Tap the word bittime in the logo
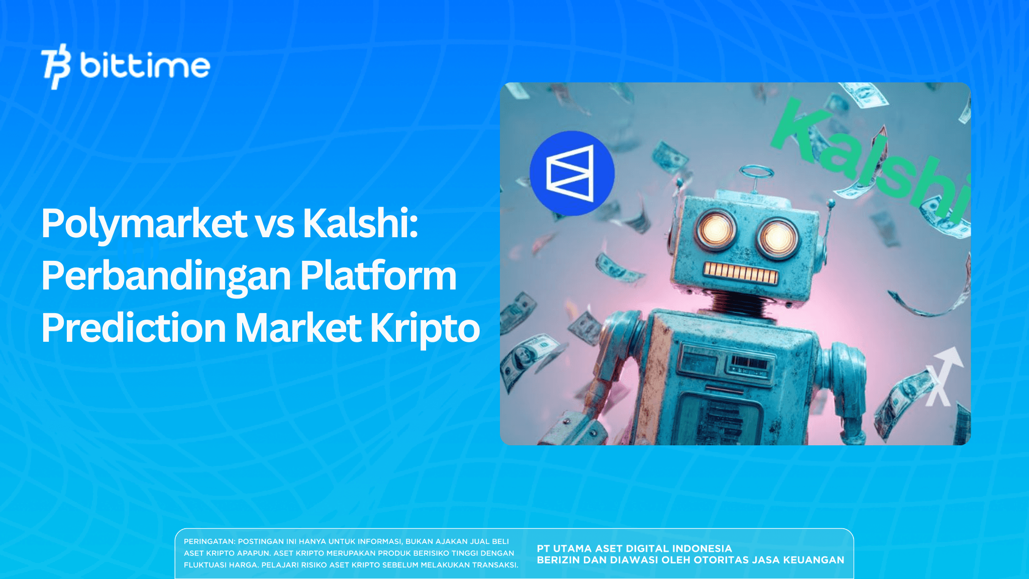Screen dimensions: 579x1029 click(x=145, y=66)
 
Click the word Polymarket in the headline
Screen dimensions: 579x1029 click(x=144, y=224)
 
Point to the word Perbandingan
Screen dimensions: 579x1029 click(x=166, y=276)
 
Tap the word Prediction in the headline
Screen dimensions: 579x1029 click(x=134, y=328)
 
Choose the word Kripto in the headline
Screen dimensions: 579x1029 click(x=425, y=329)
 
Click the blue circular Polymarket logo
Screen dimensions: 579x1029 click(x=572, y=173)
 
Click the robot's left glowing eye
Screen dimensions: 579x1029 click(x=715, y=230)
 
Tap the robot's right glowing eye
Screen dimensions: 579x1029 click(x=778, y=238)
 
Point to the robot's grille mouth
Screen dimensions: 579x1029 click(x=740, y=273)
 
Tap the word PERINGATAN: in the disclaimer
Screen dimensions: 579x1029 click(x=209, y=542)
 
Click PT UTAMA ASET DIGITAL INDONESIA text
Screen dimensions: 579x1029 click(x=634, y=549)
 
